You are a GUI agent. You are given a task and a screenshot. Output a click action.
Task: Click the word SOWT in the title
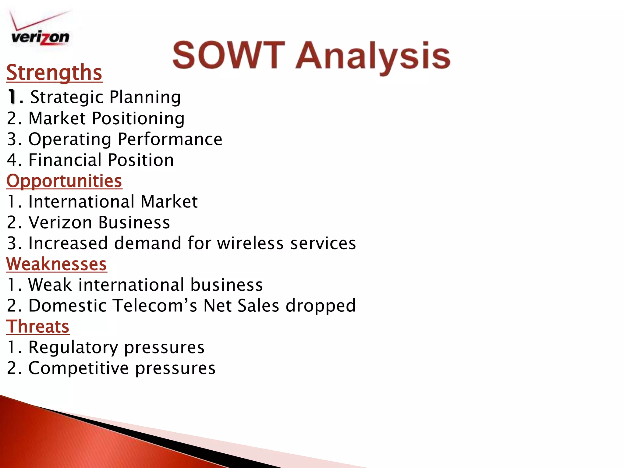(x=229, y=56)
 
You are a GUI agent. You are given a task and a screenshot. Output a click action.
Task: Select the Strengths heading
(x=54, y=73)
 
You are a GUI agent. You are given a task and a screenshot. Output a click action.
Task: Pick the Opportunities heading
(x=64, y=181)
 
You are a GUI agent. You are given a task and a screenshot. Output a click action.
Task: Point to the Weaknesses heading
(x=57, y=264)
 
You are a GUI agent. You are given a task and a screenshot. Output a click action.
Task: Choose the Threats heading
(x=38, y=327)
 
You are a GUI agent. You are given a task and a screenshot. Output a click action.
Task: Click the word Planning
(x=145, y=97)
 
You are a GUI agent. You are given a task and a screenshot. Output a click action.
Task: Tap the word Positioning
(x=138, y=119)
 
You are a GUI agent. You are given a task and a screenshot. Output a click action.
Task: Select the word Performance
(x=170, y=139)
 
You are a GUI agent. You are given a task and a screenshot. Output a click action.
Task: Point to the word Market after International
(x=169, y=202)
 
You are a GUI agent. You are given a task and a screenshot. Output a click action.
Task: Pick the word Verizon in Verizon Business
(x=60, y=222)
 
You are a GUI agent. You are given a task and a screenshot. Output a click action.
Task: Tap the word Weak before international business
(x=50, y=285)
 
